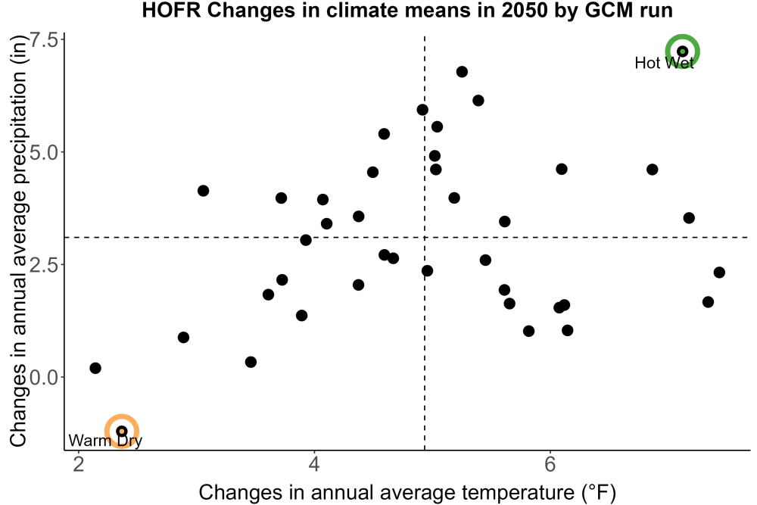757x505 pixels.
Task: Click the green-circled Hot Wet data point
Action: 682,51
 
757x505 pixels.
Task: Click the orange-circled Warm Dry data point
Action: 122,431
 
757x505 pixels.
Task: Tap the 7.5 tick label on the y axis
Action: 45,39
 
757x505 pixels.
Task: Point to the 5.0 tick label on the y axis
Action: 45,152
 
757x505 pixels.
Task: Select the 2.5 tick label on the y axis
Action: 45,264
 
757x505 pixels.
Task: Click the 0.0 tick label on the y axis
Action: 45,377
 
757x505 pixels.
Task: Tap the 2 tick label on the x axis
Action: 78,464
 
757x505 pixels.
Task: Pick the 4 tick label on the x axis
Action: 314,464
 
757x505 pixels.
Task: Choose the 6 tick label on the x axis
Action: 550,464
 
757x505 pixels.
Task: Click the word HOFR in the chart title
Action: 171,10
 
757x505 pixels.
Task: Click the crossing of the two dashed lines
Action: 425,238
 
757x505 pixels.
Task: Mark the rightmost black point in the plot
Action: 719,273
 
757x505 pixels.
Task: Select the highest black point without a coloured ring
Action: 462,72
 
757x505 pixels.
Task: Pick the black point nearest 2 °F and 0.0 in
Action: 95,368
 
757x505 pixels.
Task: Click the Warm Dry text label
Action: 105,441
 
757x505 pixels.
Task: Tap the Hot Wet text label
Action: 665,63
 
